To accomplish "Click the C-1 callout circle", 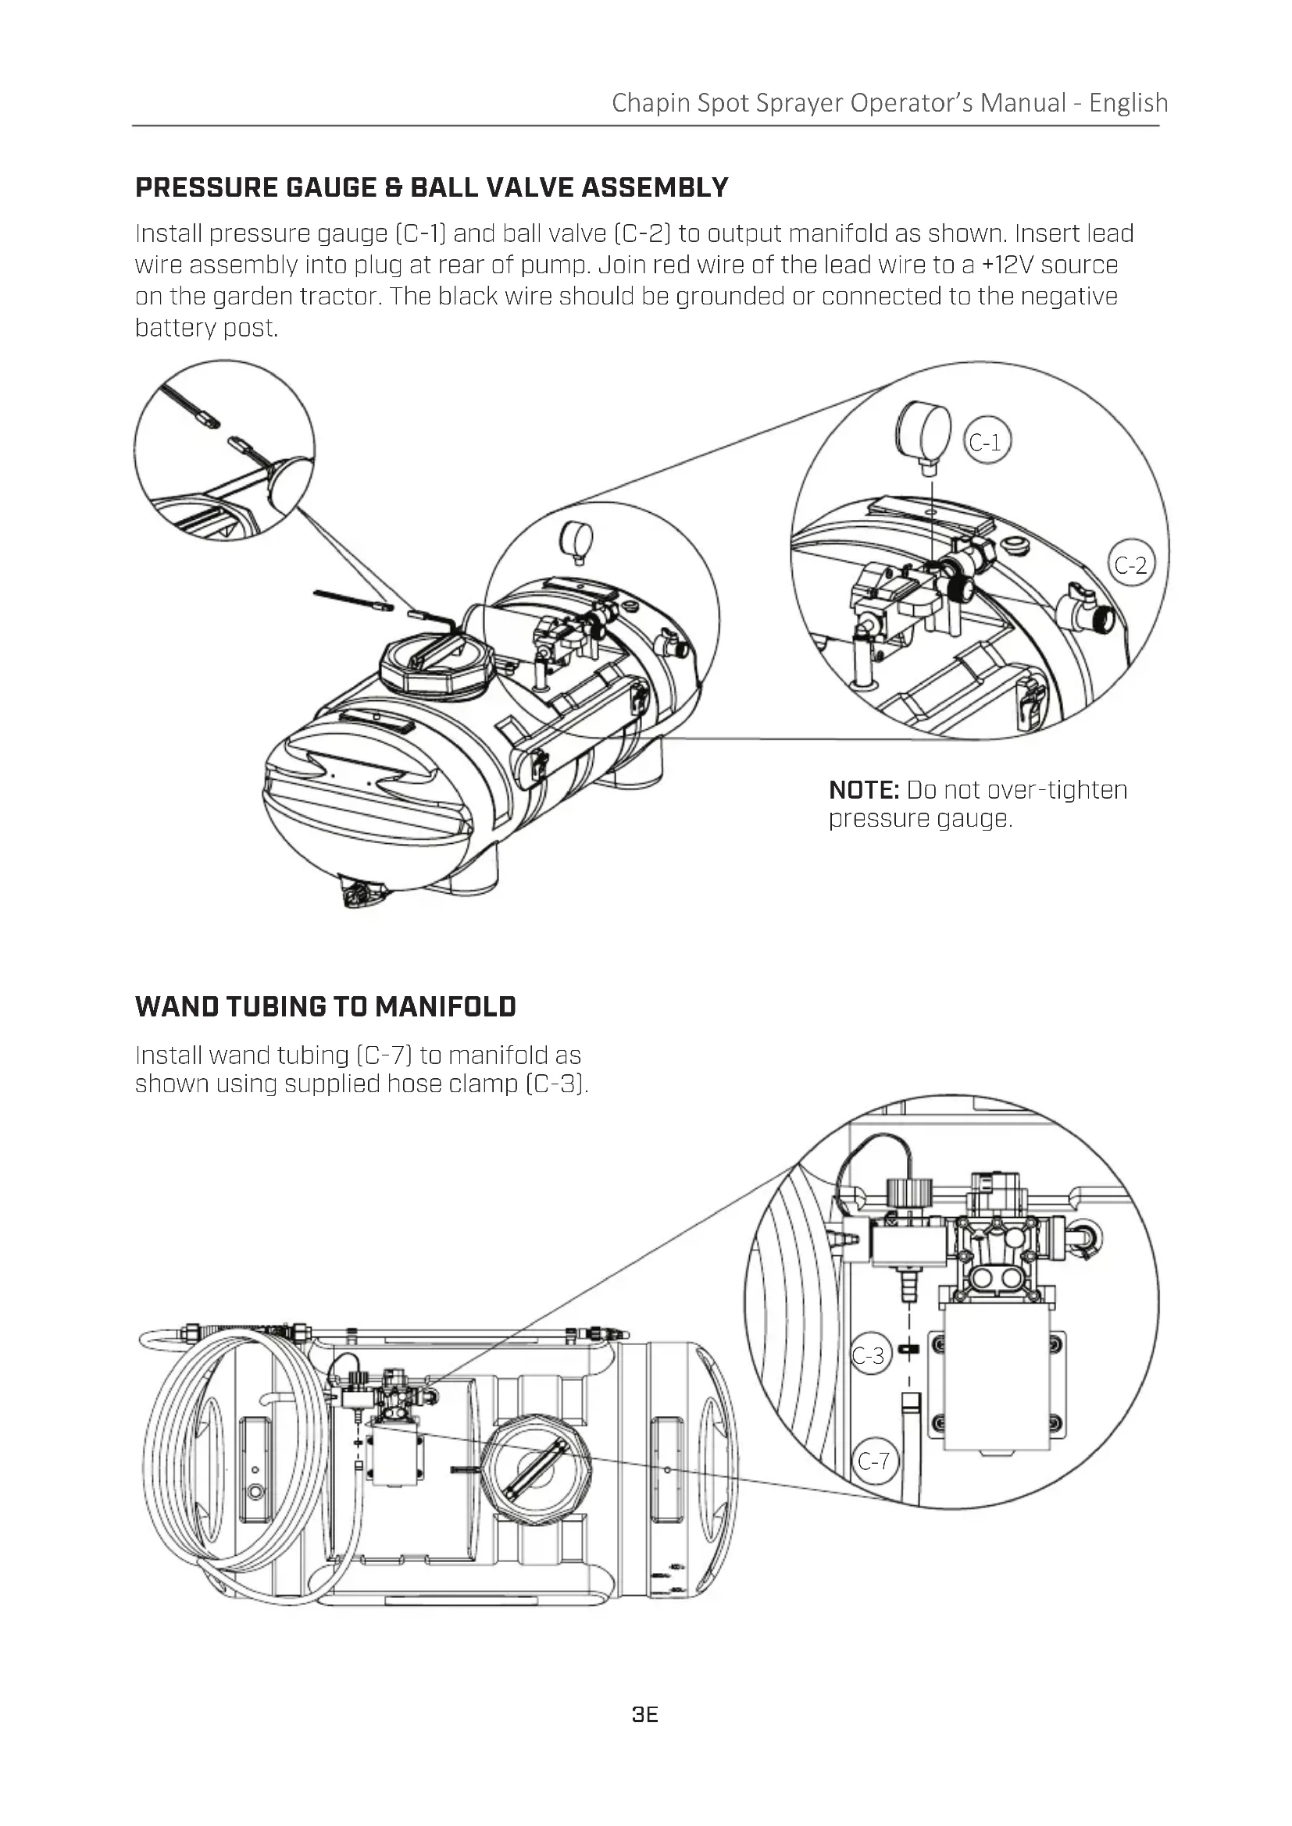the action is [x=987, y=441].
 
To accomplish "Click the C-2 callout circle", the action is [x=1130, y=564].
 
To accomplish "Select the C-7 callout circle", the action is [x=873, y=1461].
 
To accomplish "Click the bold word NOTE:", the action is [x=864, y=790].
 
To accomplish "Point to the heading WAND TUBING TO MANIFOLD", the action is [x=326, y=1007].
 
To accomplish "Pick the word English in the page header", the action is [x=1128, y=103].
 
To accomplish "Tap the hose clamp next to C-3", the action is [x=908, y=1349].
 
